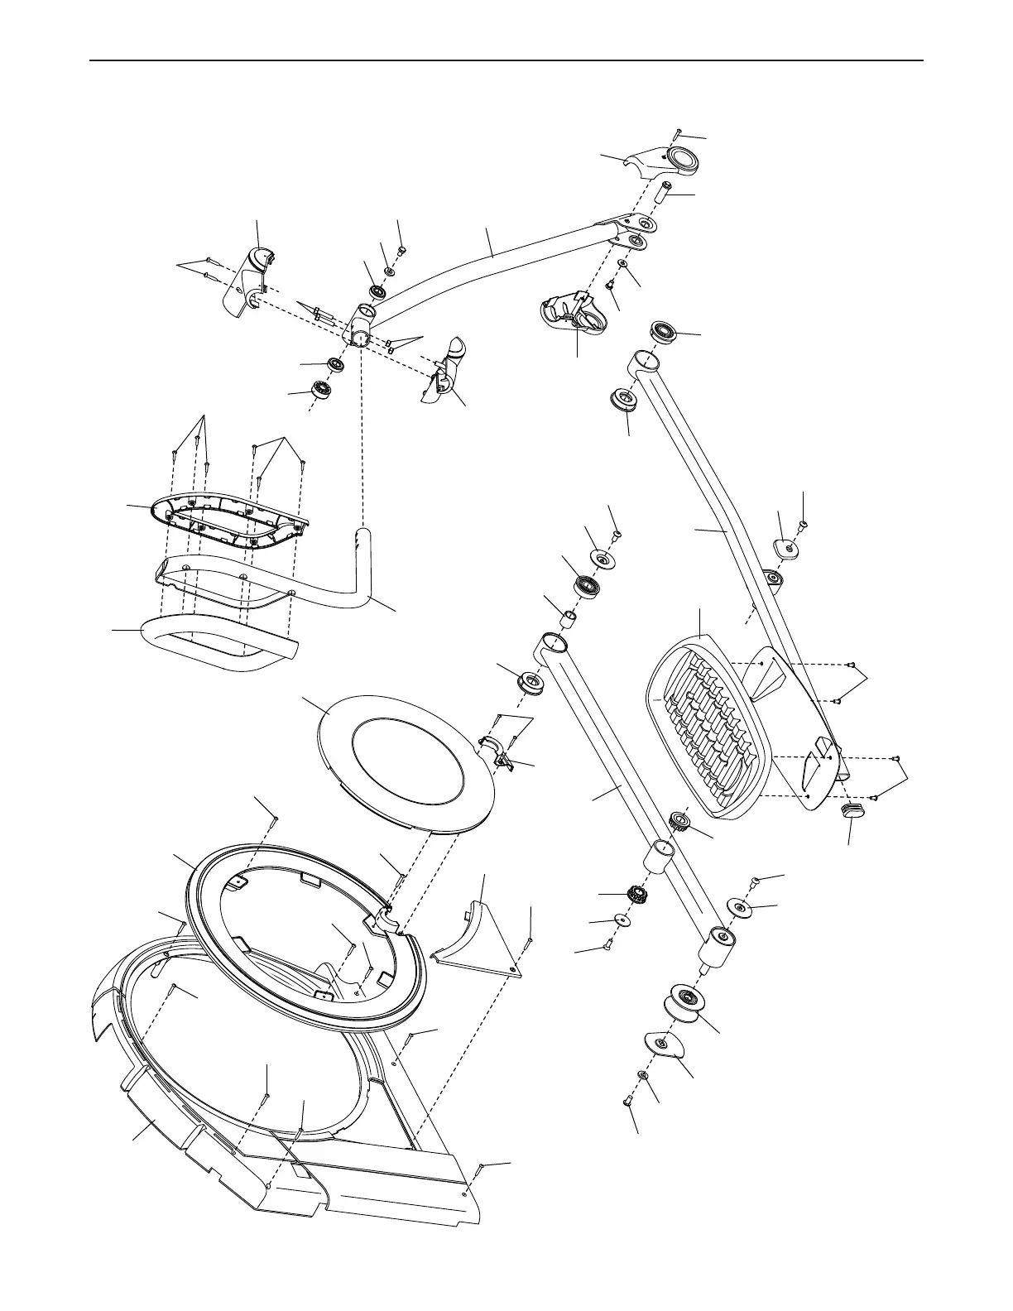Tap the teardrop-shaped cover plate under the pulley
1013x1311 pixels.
pyautogui.click(x=662, y=1044)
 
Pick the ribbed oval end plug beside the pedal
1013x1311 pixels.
pyautogui.click(x=853, y=809)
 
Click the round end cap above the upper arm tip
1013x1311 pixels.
pyautogui.click(x=682, y=158)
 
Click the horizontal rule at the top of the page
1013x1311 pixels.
pyautogui.click(x=506, y=60)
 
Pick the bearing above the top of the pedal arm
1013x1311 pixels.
pyautogui.click(x=665, y=333)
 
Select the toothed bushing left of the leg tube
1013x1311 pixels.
pyautogui.click(x=634, y=894)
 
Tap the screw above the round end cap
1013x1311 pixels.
pyautogui.click(x=678, y=132)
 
